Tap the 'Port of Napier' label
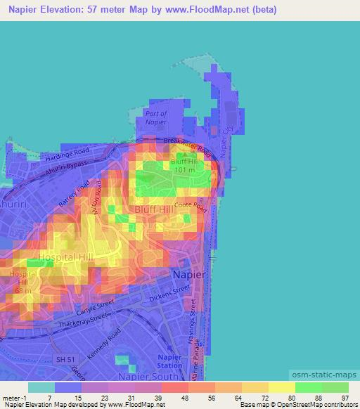[x=155, y=117]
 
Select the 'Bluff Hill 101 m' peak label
[x=185, y=165]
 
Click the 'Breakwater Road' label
[x=187, y=145]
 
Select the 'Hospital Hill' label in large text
[x=66, y=258]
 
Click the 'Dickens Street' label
[x=173, y=288]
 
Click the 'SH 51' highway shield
[x=65, y=360]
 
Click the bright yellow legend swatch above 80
[x=281, y=387]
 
